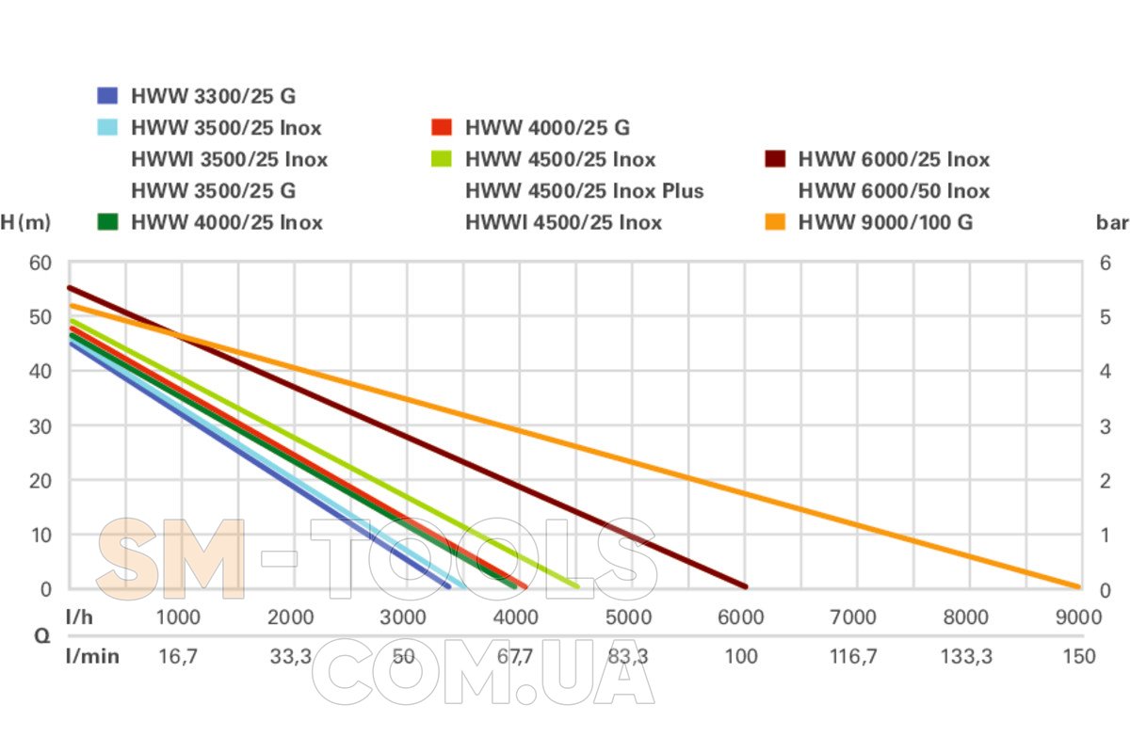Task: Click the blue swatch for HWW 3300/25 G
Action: (108, 96)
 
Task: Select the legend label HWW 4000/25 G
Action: (547, 128)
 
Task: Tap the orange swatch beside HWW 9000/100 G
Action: (775, 223)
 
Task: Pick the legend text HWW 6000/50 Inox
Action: (894, 191)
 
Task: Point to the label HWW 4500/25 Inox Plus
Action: (584, 191)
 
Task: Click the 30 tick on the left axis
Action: (40, 425)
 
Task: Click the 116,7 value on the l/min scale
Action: (853, 656)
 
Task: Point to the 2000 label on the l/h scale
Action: (290, 617)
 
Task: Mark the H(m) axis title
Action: (25, 223)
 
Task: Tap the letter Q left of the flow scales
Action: (42, 635)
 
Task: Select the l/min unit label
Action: (92, 656)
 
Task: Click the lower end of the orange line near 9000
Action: (1076, 585)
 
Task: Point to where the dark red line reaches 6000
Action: (744, 585)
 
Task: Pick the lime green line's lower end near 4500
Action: (575, 585)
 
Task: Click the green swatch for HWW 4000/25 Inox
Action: (108, 223)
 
